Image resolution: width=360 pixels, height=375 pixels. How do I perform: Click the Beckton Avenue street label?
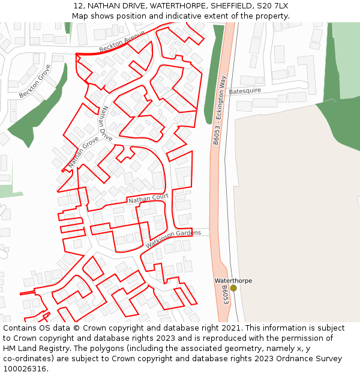[x=122, y=41]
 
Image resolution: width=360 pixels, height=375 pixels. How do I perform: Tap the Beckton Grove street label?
[x=35, y=82]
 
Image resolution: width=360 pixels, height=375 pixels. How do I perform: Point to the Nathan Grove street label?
[x=83, y=152]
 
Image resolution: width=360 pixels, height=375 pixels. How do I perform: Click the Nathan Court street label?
[x=148, y=198]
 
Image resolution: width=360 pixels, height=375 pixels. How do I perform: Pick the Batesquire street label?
[x=245, y=91]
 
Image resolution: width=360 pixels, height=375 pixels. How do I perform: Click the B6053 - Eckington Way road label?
[x=220, y=110]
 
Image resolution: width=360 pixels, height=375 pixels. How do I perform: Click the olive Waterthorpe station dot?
[x=233, y=288]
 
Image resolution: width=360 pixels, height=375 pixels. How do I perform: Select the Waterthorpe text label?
[x=233, y=280]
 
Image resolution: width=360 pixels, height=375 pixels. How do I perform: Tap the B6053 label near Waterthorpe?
[x=225, y=295]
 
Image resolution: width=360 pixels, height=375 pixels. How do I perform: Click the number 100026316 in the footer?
[x=26, y=368]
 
